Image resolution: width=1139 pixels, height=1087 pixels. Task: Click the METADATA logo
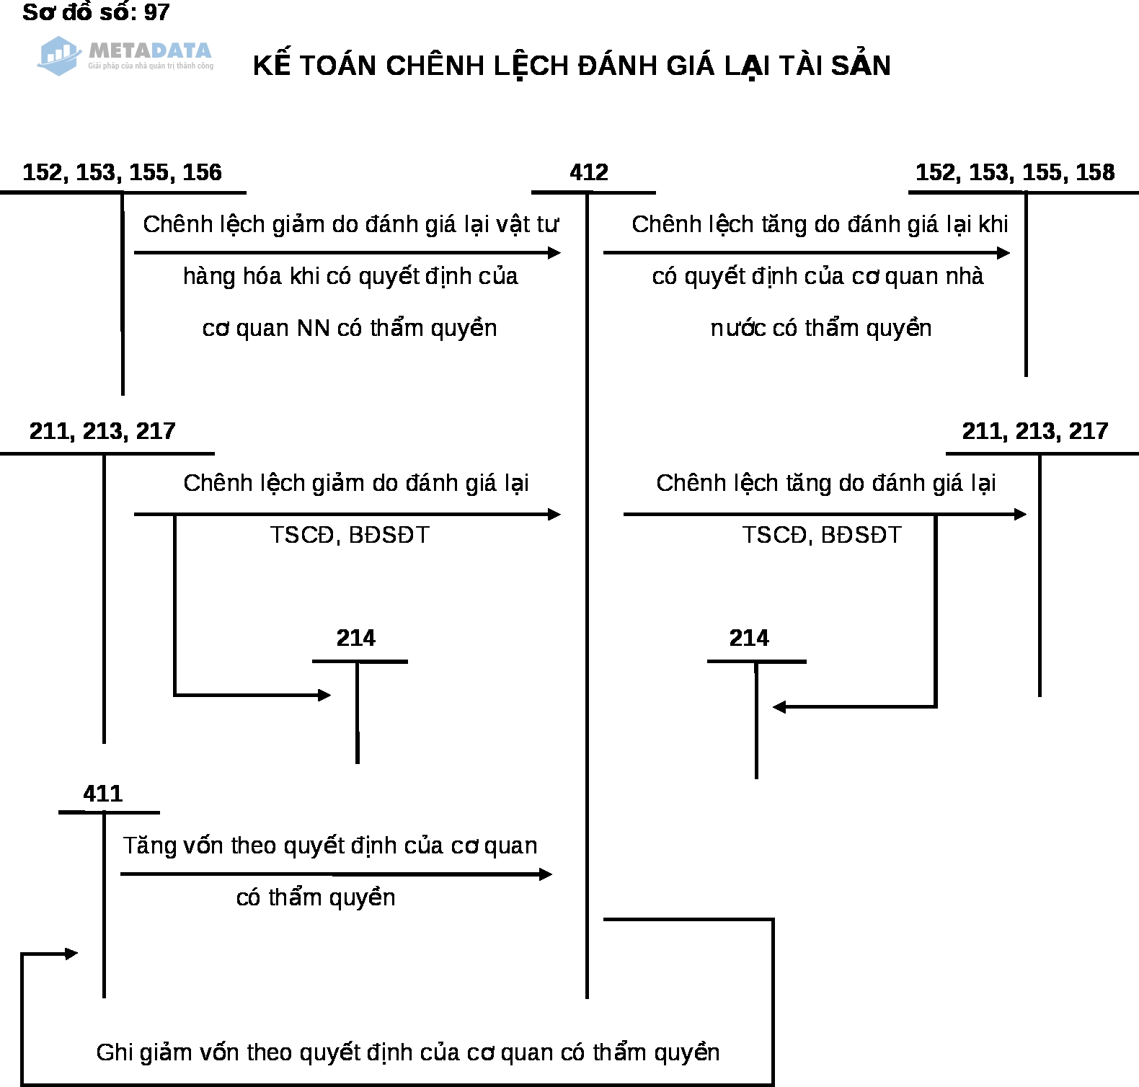(x=125, y=56)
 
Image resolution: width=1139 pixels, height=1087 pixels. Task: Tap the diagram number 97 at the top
(x=157, y=12)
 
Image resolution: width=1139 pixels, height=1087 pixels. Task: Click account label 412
(x=589, y=172)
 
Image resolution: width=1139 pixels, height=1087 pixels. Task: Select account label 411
(x=102, y=794)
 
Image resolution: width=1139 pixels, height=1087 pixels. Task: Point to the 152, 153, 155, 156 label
(x=122, y=172)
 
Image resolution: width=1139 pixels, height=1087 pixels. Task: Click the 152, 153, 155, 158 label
(x=1015, y=172)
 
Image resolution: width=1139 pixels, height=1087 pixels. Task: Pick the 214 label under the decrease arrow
(x=355, y=638)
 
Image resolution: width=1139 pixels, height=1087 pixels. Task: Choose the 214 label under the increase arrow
(x=749, y=638)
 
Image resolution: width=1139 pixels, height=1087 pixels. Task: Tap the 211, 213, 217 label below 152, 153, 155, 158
(x=1034, y=431)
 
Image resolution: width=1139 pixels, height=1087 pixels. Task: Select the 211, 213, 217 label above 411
(x=102, y=431)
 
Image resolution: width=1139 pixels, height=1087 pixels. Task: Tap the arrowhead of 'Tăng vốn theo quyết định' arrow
(x=546, y=874)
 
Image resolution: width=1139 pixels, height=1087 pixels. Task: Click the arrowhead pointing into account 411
(x=71, y=954)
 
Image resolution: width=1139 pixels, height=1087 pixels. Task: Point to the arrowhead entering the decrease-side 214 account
(x=325, y=695)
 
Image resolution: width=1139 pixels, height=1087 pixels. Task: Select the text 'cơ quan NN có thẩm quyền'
(x=350, y=328)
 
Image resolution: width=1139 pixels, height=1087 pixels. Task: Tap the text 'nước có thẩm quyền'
(x=821, y=328)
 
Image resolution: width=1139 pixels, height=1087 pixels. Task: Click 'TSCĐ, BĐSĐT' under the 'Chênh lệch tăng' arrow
(x=822, y=535)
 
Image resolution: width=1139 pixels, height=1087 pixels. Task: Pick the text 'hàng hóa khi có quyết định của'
(x=350, y=276)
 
